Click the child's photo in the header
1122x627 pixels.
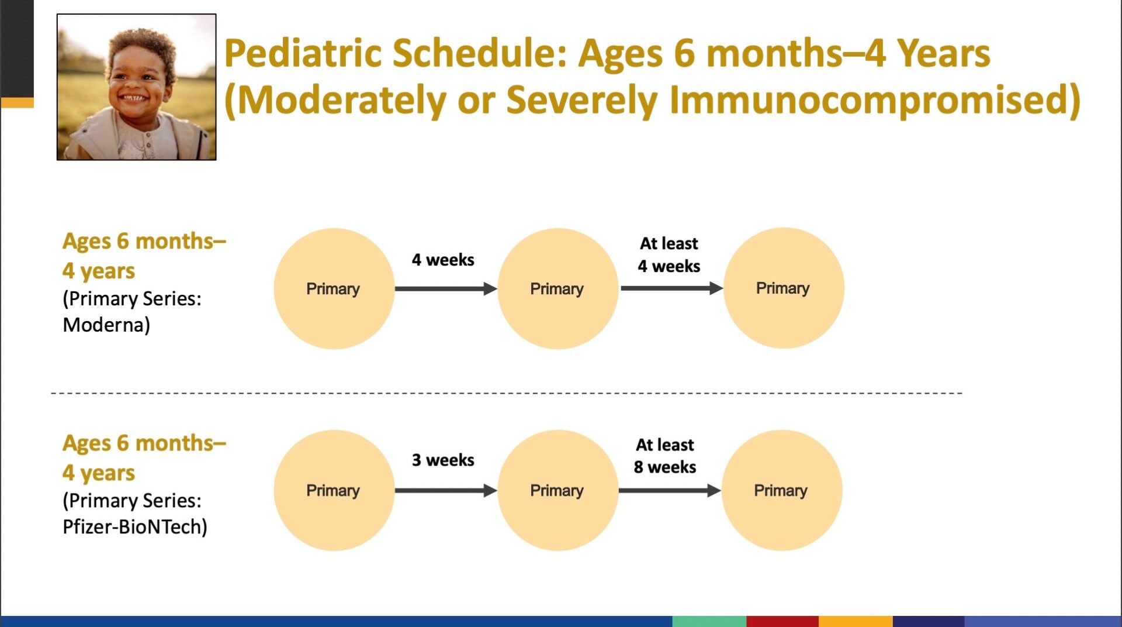[136, 87]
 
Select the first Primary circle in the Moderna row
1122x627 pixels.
[334, 289]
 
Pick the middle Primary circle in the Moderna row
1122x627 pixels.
[558, 289]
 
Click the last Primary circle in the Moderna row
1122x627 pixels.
[784, 288]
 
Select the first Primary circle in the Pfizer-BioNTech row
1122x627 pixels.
[334, 490]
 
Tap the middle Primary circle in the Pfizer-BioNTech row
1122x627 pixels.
[558, 490]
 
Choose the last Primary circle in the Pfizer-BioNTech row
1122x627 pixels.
[782, 490]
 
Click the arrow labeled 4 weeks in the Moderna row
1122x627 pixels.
[446, 288]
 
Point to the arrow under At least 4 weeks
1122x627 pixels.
[671, 288]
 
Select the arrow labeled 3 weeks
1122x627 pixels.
[446, 490]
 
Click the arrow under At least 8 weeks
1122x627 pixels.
[670, 490]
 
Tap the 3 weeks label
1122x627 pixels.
[443, 460]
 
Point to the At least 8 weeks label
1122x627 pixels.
[665, 456]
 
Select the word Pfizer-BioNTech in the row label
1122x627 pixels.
[135, 526]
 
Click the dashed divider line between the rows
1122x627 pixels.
[507, 393]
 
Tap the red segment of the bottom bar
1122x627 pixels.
[782, 621]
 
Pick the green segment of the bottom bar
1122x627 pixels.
[709, 621]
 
